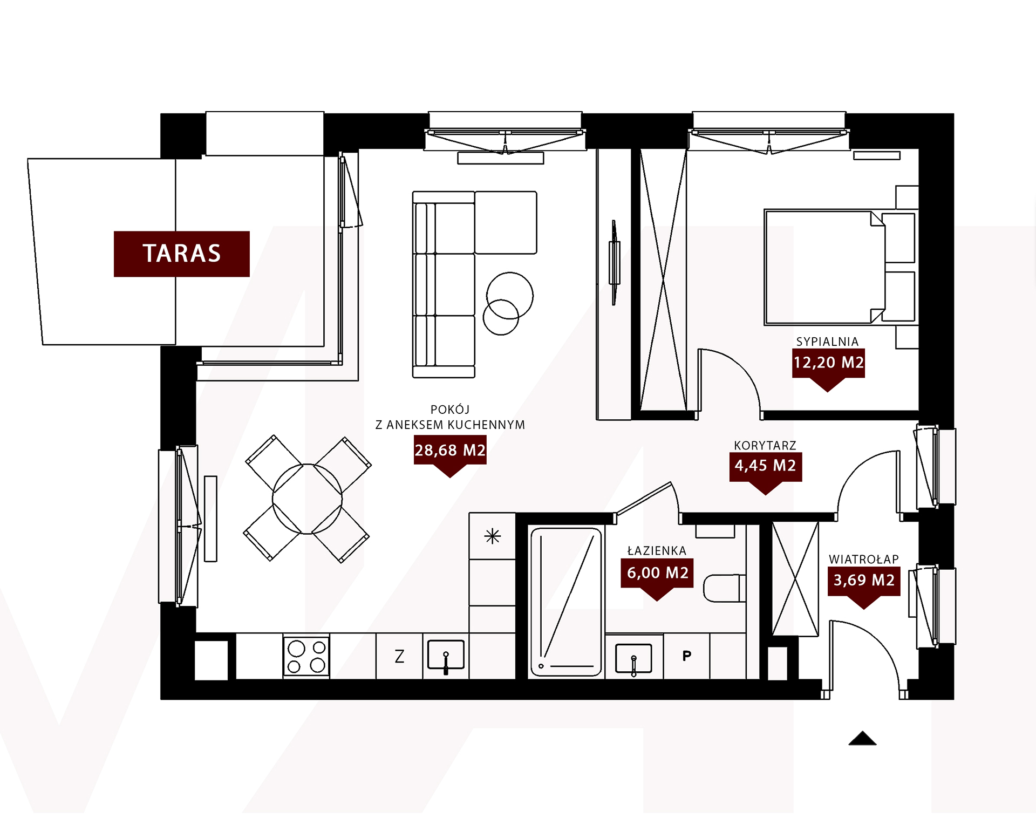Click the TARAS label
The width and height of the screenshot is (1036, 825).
(x=182, y=254)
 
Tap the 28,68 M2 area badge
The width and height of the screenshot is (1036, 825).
(x=450, y=453)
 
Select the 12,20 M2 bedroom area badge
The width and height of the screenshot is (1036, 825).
(x=828, y=366)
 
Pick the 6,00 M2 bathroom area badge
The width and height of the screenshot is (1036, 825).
(x=657, y=576)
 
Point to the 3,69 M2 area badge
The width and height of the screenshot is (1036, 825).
(x=864, y=584)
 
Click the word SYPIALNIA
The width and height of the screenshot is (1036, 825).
(x=827, y=342)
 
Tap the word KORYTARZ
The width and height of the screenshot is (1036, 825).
(x=765, y=446)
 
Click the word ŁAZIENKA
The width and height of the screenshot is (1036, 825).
(x=657, y=551)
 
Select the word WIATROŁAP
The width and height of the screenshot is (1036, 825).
(x=864, y=560)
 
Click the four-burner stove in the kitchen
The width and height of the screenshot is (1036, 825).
(x=306, y=657)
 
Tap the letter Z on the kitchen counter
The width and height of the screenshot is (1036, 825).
(x=399, y=657)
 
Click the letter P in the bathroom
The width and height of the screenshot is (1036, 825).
(x=687, y=656)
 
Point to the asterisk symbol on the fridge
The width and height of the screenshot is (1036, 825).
(x=492, y=536)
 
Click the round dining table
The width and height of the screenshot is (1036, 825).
(x=307, y=499)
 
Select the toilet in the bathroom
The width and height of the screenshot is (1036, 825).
(x=725, y=588)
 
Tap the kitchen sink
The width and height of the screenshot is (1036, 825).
(x=446, y=656)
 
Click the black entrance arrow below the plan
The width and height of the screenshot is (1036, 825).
(x=862, y=738)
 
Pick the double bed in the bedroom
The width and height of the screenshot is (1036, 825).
(x=840, y=268)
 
